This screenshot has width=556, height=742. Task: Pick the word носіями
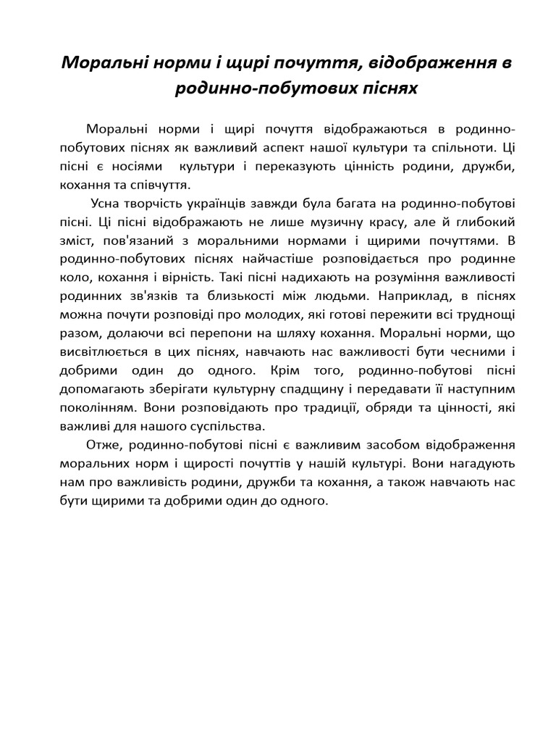pos(138,166)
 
